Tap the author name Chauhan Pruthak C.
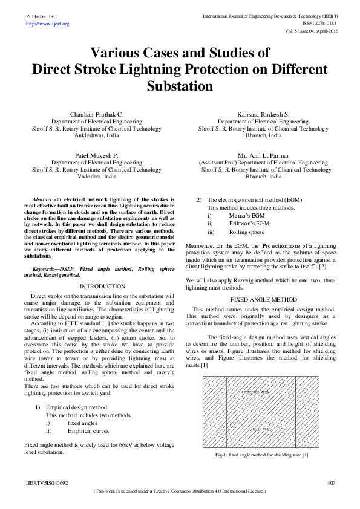(97, 114)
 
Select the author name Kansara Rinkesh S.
(264, 114)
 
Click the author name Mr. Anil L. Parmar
(264, 155)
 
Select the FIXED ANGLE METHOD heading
(264, 299)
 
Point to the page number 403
(330, 482)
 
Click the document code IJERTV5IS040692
(47, 482)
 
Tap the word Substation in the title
(180, 86)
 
